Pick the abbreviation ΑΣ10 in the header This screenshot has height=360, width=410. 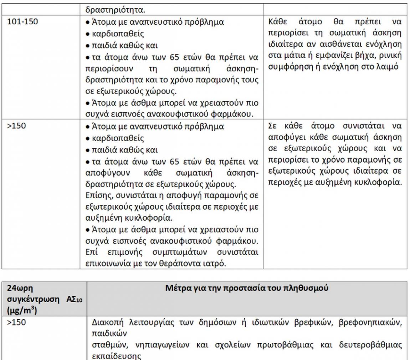[x=74, y=299]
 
